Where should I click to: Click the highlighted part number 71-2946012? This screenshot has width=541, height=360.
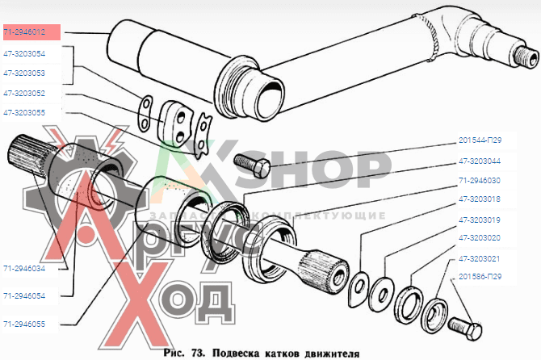[30, 32]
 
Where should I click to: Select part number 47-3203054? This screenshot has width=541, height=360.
[24, 53]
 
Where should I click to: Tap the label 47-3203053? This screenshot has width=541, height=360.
[24, 73]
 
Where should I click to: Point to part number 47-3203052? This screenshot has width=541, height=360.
[24, 93]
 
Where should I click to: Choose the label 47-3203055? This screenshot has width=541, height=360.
[24, 113]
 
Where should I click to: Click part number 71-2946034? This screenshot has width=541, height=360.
[24, 267]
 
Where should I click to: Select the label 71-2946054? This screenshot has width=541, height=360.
[24, 296]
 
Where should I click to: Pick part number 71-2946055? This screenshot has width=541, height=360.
[24, 324]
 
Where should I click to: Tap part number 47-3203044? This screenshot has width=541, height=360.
[480, 161]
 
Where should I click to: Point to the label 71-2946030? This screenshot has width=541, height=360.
[480, 181]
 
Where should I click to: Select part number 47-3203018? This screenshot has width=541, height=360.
[480, 199]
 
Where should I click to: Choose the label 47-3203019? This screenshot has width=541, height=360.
[480, 220]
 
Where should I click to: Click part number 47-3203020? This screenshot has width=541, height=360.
[480, 238]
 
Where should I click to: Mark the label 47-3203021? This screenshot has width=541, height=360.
[480, 258]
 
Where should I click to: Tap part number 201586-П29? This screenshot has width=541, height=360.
[480, 276]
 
